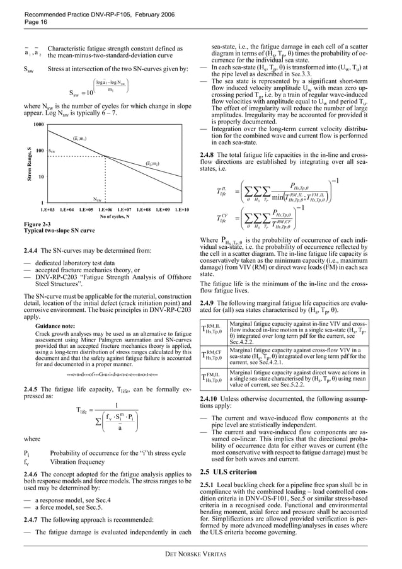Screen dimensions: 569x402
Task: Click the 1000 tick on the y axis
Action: point(37,125)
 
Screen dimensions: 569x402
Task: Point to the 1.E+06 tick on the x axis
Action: point(105,208)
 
